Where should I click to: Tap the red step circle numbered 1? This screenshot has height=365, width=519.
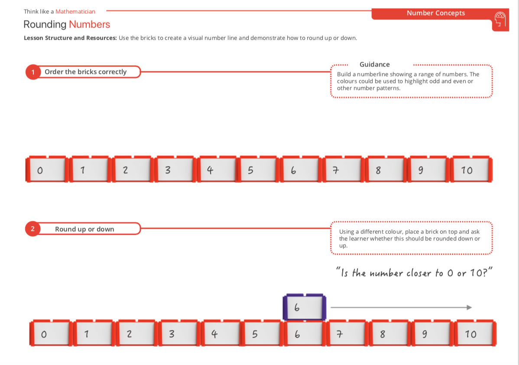[33, 72]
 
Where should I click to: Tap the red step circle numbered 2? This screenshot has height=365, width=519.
[33, 229]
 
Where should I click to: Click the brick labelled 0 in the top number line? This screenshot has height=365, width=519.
[46, 170]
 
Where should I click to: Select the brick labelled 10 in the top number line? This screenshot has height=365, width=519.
[471, 170]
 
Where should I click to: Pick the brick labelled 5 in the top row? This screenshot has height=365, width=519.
[258, 170]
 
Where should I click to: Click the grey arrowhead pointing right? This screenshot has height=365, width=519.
[469, 307]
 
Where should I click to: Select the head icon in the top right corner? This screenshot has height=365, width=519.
[500, 20]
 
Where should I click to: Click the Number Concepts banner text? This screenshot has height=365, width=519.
[435, 13]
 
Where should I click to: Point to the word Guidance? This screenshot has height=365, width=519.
[374, 64]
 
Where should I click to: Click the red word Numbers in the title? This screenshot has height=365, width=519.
[89, 24]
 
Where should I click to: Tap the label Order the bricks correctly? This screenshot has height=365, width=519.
[85, 72]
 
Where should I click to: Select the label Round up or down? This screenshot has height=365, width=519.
[84, 229]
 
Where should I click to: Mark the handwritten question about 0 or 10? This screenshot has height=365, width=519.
[415, 273]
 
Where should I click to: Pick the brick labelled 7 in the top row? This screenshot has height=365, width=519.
[342, 170]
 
